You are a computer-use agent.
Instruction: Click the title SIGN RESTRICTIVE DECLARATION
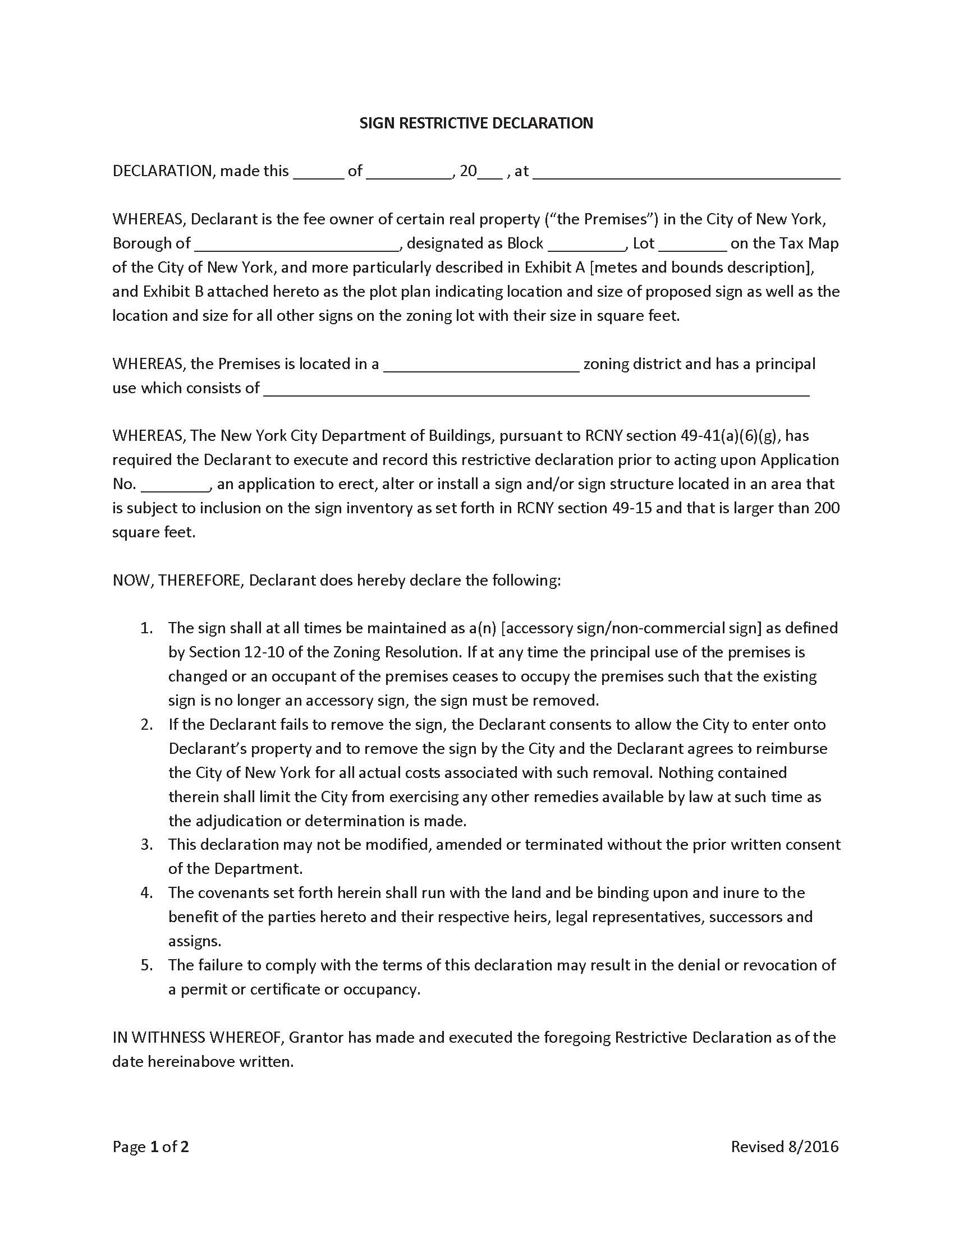click(476, 123)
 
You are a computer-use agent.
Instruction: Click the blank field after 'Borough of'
click(297, 244)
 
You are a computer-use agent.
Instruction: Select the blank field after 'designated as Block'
click(586, 244)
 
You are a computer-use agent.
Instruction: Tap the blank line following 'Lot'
click(692, 244)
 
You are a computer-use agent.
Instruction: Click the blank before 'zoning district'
click(481, 365)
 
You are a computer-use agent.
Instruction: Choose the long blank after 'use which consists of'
click(536, 389)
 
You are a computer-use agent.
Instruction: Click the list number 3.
click(147, 845)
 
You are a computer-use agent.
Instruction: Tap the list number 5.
click(147, 965)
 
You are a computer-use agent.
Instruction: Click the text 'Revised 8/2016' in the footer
click(785, 1146)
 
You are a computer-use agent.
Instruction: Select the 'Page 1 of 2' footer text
click(150, 1146)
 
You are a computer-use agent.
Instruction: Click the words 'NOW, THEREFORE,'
click(178, 581)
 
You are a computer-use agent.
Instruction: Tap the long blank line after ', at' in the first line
click(686, 172)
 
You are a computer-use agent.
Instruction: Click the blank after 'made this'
click(318, 172)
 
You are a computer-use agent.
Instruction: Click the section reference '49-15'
click(631, 508)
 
